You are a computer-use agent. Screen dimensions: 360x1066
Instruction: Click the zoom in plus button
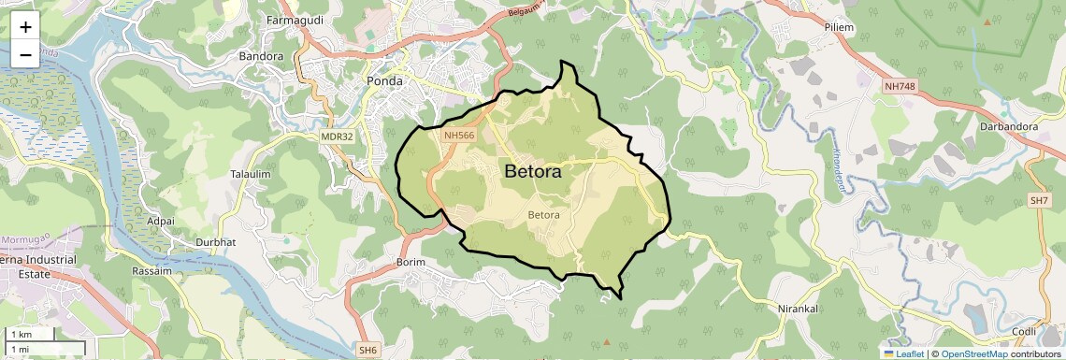pos(25,26)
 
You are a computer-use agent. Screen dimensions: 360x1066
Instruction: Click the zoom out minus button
pos(25,54)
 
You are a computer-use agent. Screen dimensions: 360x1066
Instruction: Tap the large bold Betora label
pos(532,172)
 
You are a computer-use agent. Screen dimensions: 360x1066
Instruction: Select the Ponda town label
pos(385,80)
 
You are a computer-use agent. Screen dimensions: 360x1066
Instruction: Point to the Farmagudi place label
pos(295,20)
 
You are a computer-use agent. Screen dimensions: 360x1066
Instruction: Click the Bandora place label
pos(261,56)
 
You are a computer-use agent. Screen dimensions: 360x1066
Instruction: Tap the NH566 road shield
pos(460,136)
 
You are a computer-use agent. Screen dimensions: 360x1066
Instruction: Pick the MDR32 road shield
pos(337,137)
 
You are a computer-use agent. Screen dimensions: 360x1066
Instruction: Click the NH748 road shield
pos(900,87)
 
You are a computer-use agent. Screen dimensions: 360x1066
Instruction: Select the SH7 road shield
pos(1040,201)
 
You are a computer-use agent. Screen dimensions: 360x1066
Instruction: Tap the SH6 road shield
pos(367,350)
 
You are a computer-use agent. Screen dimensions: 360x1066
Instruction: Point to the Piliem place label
pos(839,28)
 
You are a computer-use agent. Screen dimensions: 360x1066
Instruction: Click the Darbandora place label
pos(1005,126)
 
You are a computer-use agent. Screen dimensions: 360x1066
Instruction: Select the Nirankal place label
pos(799,308)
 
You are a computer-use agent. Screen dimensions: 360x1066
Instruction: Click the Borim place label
pos(411,262)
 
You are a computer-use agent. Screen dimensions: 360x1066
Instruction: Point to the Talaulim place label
pos(250,175)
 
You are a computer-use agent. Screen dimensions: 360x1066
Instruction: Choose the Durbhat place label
pos(210,242)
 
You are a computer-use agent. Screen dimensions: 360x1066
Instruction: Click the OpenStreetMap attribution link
pos(973,353)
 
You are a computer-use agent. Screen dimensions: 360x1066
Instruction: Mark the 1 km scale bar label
pos(21,335)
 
